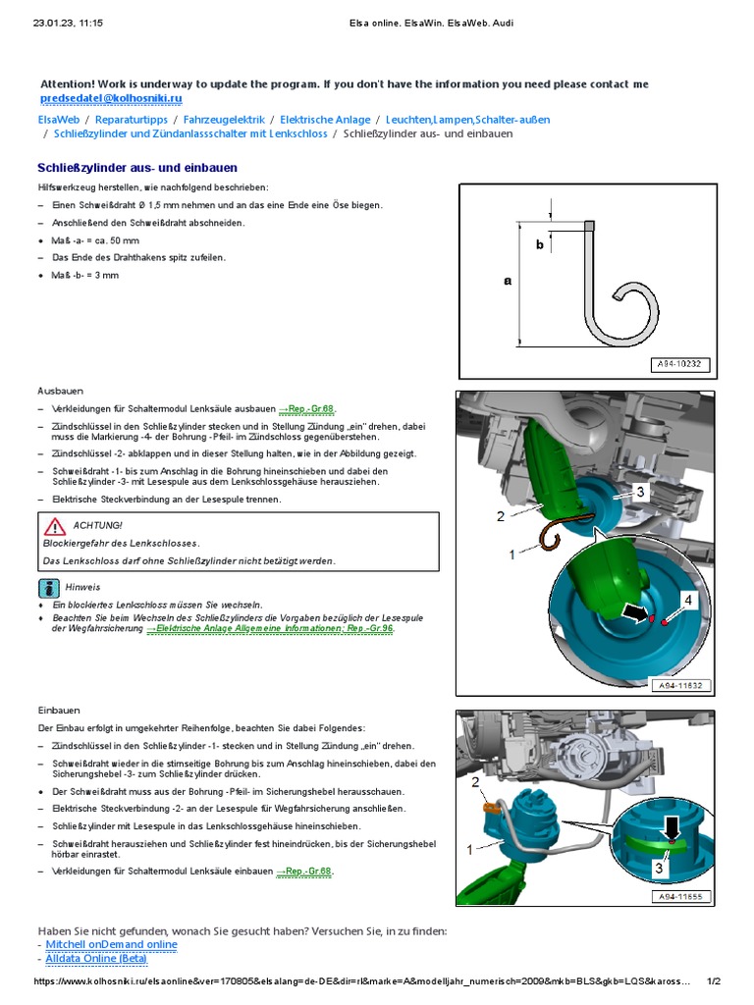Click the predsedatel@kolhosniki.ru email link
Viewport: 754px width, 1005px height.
[111, 99]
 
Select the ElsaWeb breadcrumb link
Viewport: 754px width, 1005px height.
[59, 120]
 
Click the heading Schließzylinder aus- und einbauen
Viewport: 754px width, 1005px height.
[136, 168]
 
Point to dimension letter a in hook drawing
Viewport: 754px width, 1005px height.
[508, 281]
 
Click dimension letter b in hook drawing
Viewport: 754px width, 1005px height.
[539, 245]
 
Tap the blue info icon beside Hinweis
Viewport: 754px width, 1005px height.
[49, 588]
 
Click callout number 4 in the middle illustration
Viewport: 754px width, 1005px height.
[688, 599]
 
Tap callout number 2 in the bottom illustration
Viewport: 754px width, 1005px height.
[475, 782]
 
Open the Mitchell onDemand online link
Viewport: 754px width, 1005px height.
[112, 944]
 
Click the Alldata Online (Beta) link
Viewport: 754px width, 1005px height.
[96, 958]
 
